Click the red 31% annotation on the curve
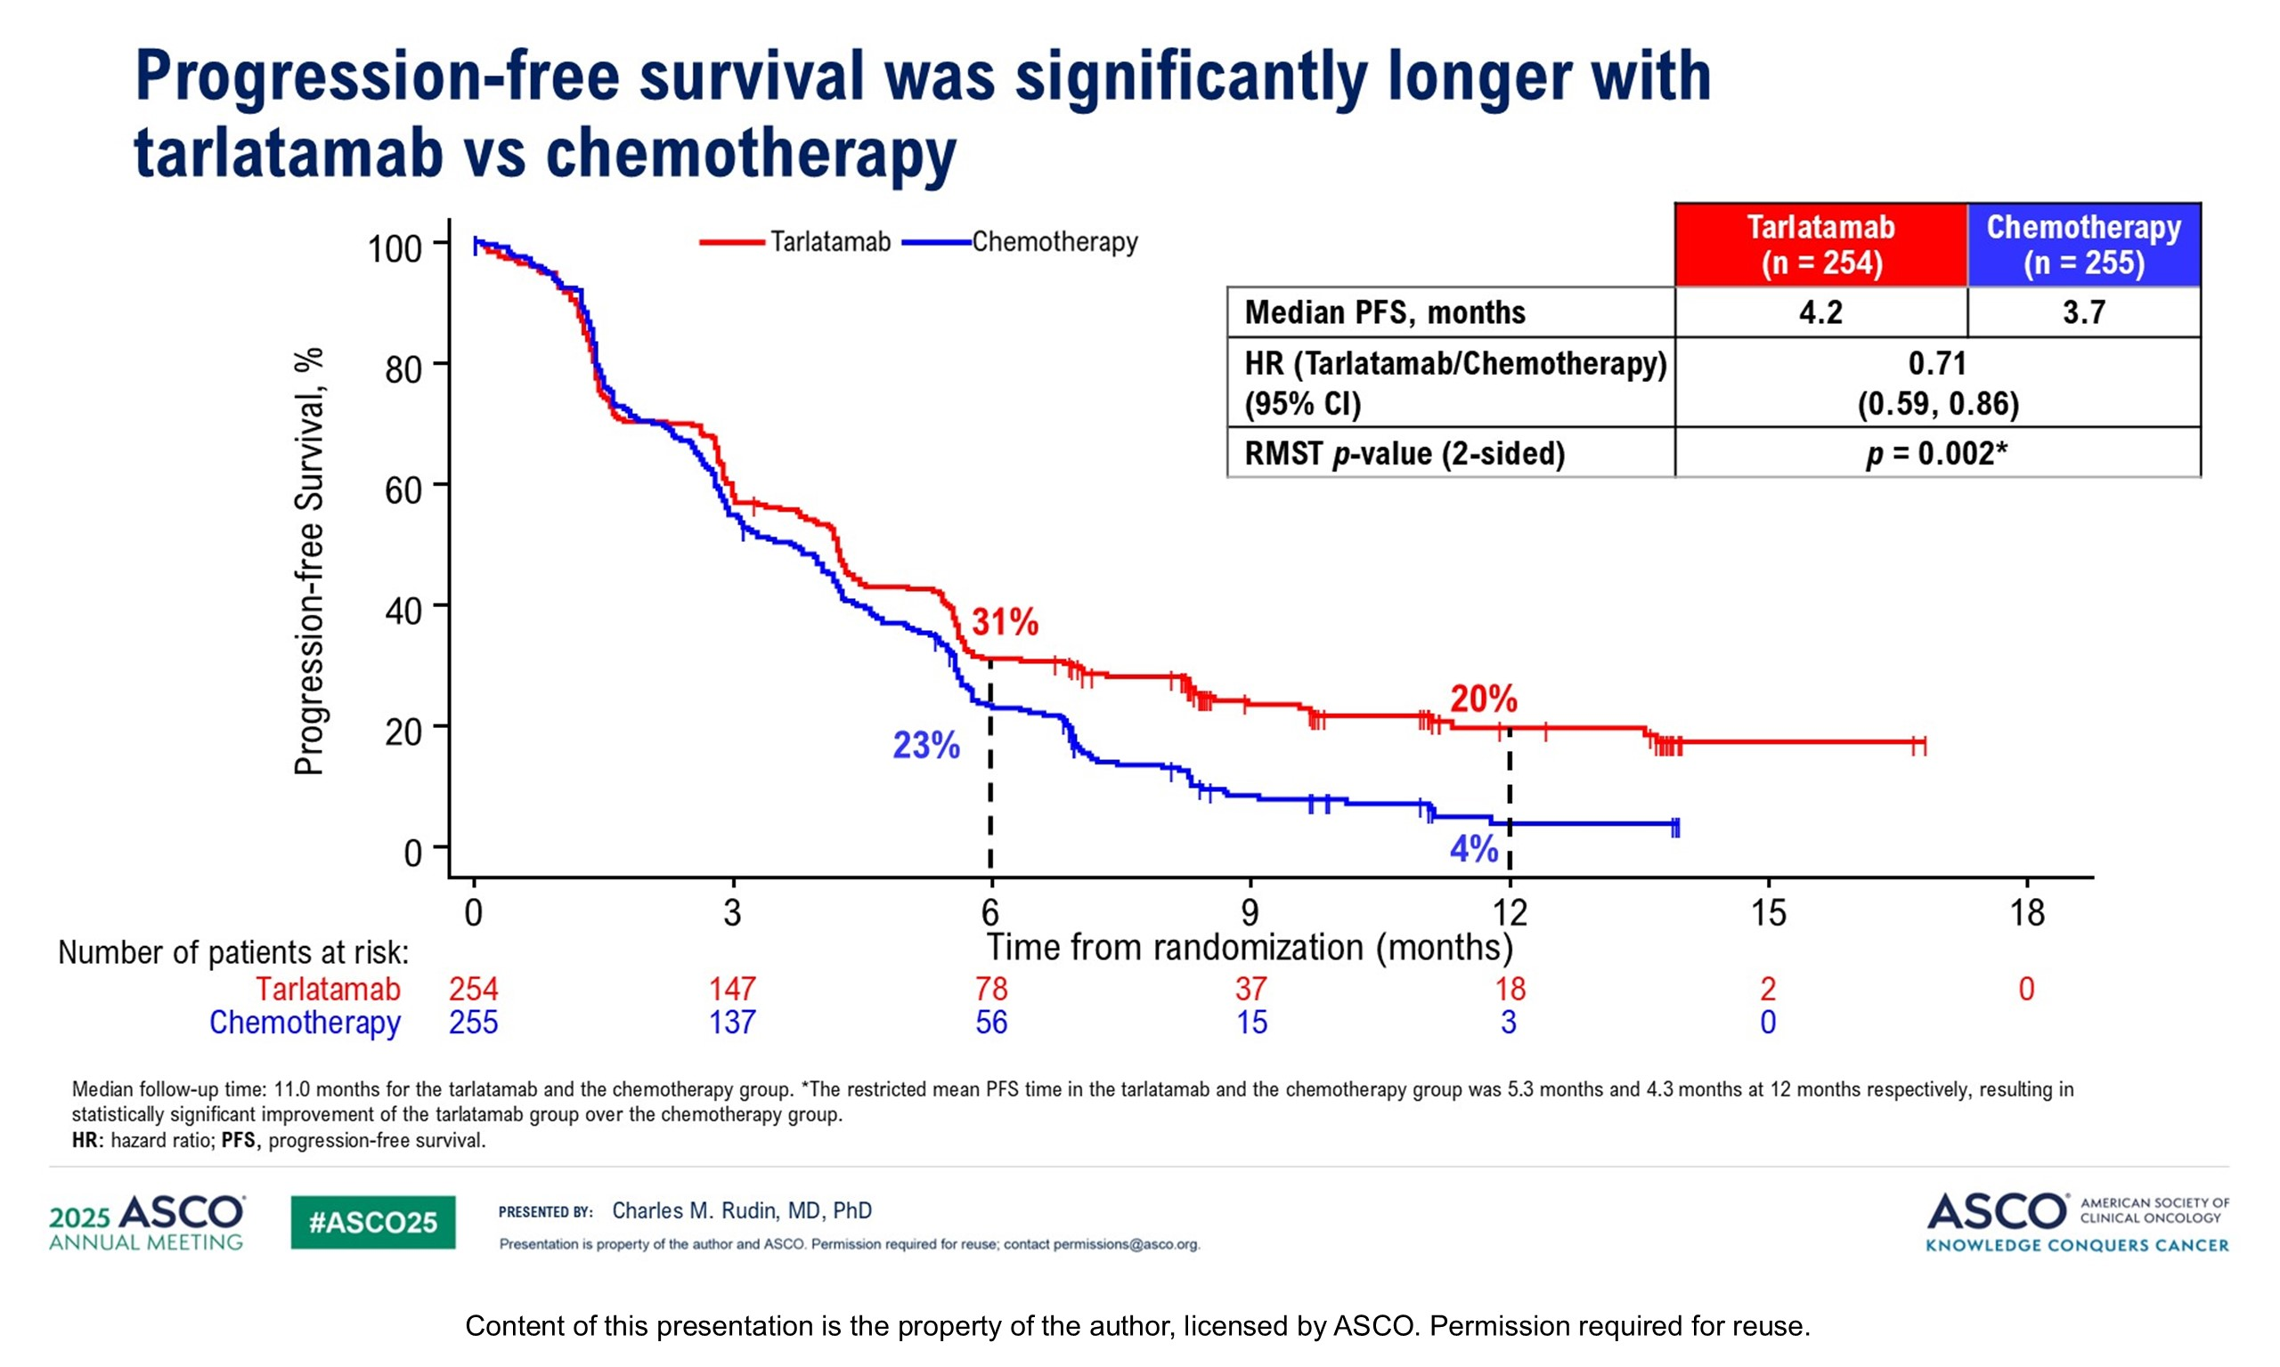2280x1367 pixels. click(1005, 623)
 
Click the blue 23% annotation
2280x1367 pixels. click(926, 745)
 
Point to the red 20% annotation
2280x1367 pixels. click(1483, 700)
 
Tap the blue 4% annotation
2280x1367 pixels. click(1474, 848)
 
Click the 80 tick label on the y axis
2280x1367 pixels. click(403, 369)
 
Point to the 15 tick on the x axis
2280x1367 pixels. click(1768, 913)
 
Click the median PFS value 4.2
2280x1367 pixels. click(1820, 312)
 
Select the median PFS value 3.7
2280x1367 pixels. click(2083, 312)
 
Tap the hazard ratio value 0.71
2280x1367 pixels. click(1937, 364)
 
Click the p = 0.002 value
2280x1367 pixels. click(1936, 453)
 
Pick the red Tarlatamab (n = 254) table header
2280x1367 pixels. click(1820, 245)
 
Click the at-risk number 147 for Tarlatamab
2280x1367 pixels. click(732, 990)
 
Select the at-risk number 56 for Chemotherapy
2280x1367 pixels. click(991, 1023)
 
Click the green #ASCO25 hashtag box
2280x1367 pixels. click(372, 1222)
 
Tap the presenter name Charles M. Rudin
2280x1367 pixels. click(742, 1210)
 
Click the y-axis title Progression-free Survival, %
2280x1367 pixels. click(310, 561)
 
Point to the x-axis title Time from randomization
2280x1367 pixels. click(1250, 947)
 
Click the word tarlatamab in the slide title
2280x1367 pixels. click(289, 153)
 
